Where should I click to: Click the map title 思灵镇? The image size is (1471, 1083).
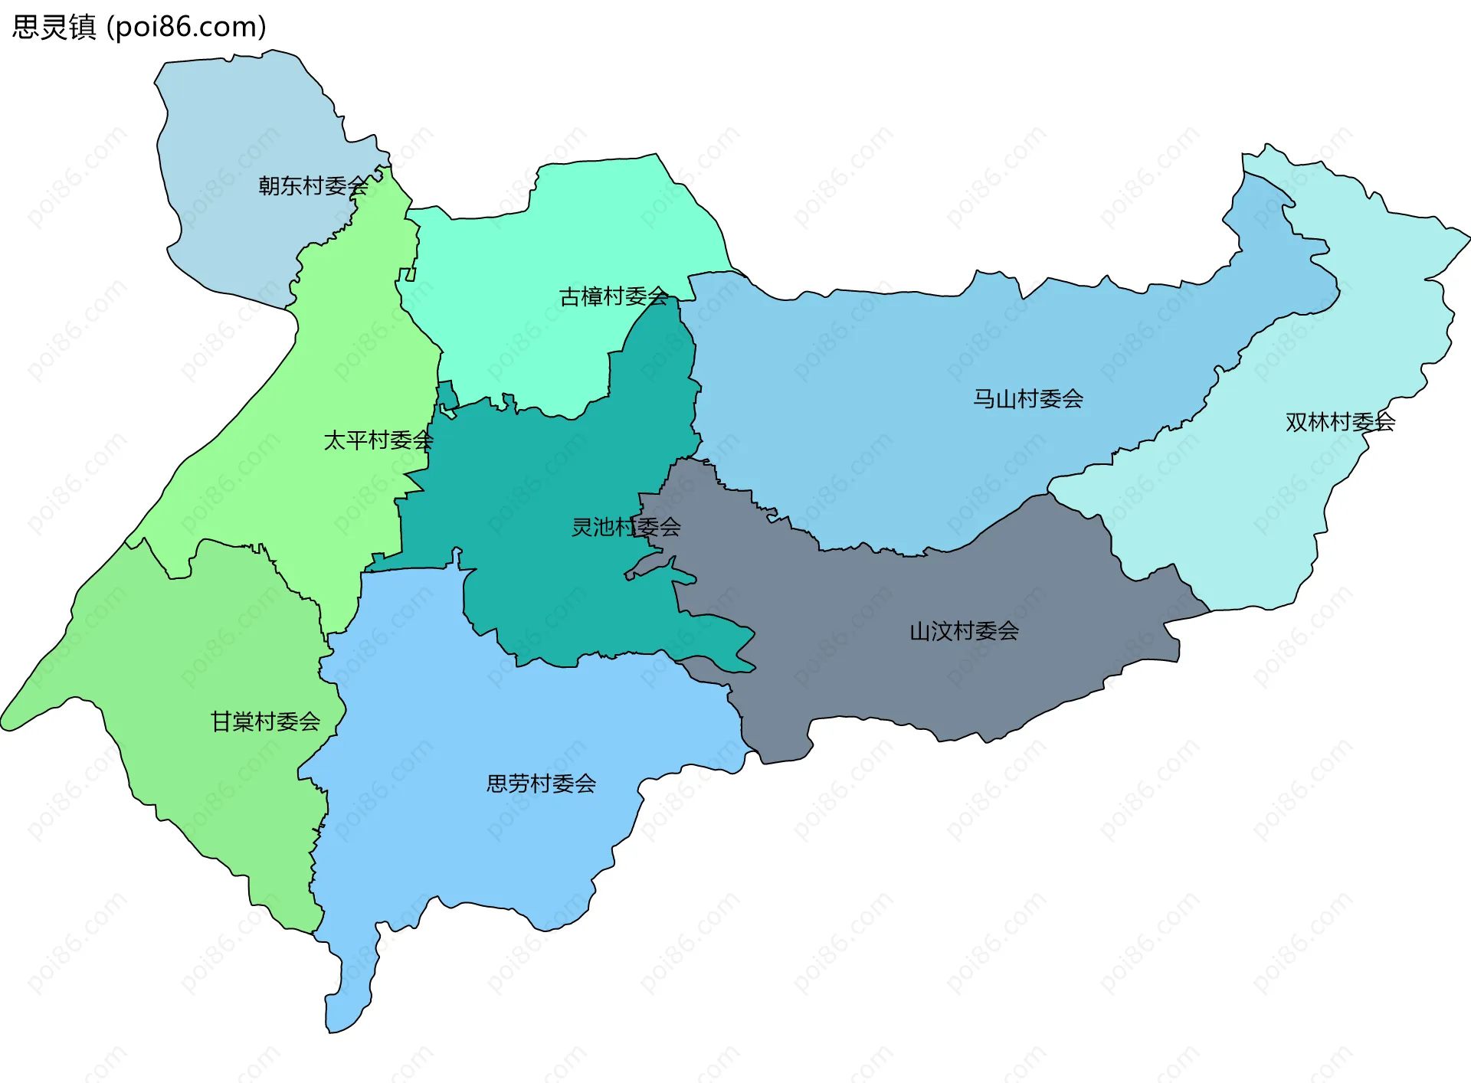(x=54, y=27)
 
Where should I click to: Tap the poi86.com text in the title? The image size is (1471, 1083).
(x=186, y=27)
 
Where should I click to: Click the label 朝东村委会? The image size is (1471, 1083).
(x=313, y=185)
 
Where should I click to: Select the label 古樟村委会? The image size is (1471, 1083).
(x=614, y=296)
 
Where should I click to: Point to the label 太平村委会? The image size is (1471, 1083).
(x=378, y=440)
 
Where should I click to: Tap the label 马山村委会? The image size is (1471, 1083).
(x=1027, y=399)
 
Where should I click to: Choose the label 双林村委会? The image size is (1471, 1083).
(x=1339, y=422)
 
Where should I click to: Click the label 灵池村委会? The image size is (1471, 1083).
(x=625, y=527)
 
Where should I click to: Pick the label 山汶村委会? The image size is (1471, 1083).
(x=964, y=631)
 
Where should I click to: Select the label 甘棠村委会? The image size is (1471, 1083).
(x=265, y=721)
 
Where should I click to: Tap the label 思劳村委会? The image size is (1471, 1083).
(x=541, y=784)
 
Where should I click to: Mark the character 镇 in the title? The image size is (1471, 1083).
(x=82, y=27)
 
